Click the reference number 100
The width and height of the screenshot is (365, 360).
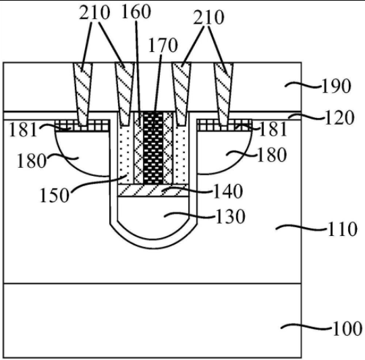[347, 329]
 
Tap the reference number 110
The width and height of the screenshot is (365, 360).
[342, 229]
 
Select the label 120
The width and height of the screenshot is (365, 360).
[339, 118]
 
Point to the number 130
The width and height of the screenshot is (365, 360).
[231, 216]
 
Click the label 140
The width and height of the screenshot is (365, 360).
[228, 191]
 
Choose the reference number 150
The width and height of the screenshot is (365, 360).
[55, 195]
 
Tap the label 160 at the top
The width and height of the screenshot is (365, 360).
[136, 11]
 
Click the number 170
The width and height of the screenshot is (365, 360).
[163, 45]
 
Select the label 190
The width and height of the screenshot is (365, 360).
[336, 86]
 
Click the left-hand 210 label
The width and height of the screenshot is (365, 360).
[94, 13]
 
